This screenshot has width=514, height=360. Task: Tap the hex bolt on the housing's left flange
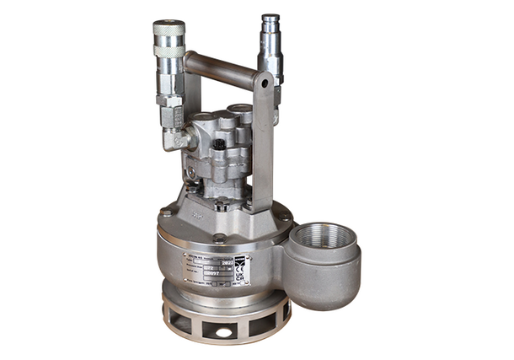(166, 214)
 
